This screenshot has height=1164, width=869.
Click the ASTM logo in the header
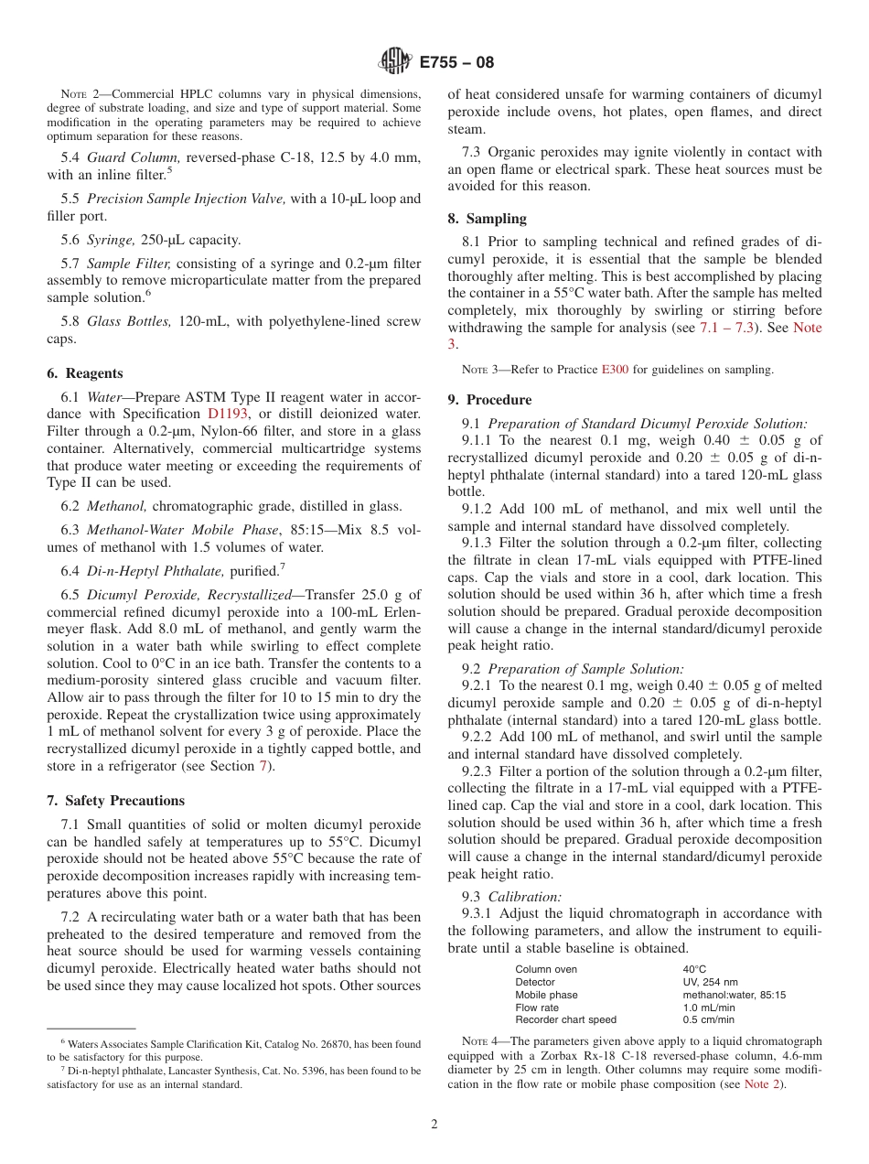395,62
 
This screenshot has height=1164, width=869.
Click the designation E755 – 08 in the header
456,62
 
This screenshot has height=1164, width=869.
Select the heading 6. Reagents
84,373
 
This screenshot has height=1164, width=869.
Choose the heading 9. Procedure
489,400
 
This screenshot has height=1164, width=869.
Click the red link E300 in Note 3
614,370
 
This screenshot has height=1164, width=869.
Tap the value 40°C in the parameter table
694,969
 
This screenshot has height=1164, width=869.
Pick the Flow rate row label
537,1008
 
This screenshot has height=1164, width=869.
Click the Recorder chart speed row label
565,1019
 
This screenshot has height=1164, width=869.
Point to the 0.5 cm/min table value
708,1019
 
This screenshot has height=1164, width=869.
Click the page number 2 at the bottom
434,1125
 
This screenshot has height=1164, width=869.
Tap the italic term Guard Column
132,158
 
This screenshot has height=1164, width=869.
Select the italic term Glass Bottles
129,321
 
